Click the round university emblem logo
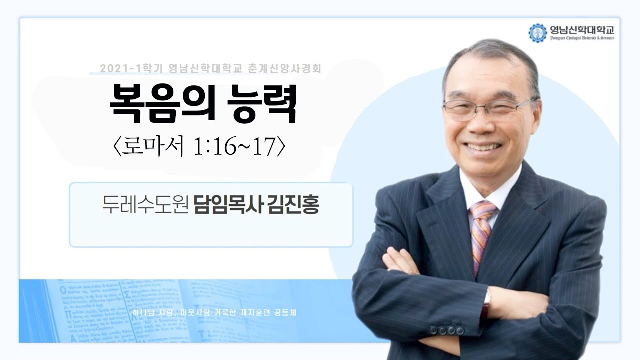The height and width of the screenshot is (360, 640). (538, 33)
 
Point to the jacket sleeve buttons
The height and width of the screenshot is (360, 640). (448, 330)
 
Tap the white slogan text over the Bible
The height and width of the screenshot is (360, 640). (215, 314)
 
